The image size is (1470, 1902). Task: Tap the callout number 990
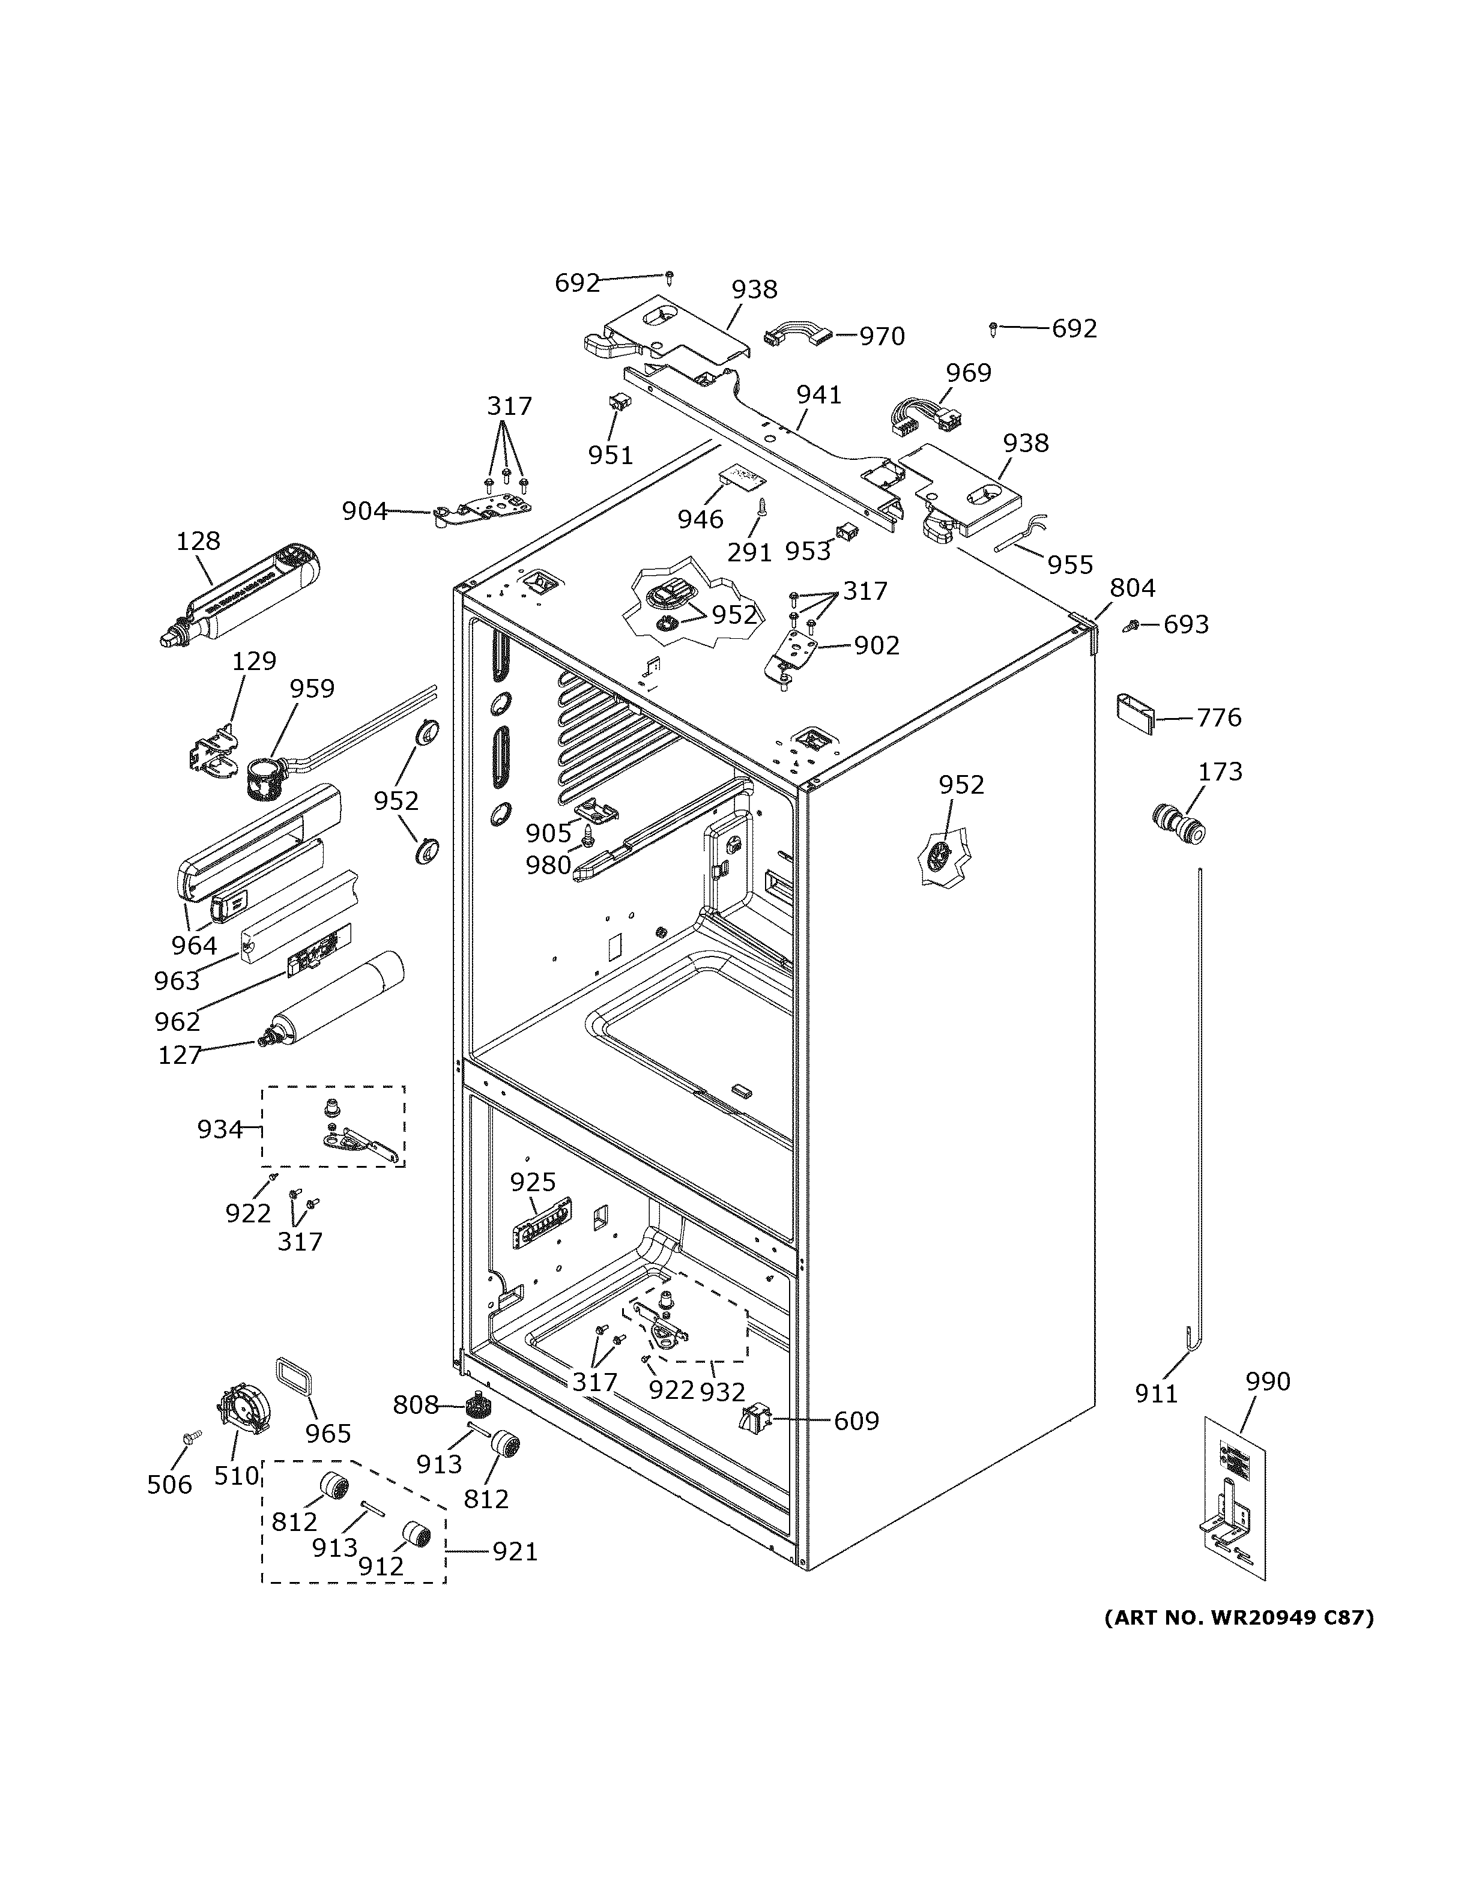1267,1381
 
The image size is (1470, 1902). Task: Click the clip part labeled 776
1136,713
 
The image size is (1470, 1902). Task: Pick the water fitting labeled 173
1178,824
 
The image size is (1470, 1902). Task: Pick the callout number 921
515,1552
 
